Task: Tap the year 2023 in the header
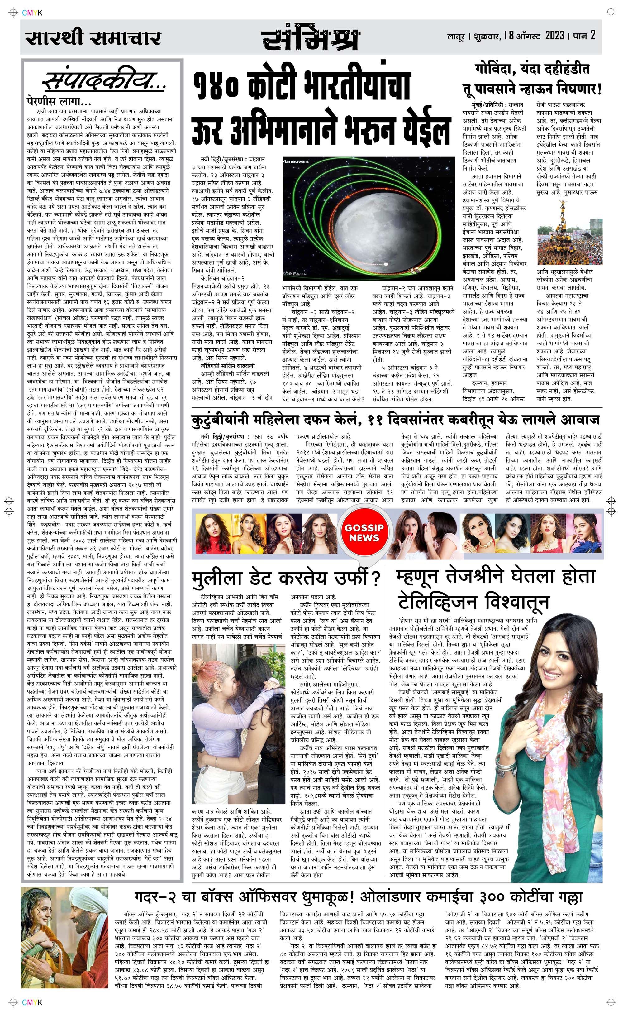[554, 36]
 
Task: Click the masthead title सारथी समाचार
[93, 38]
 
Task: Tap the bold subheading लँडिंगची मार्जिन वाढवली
[228, 365]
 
